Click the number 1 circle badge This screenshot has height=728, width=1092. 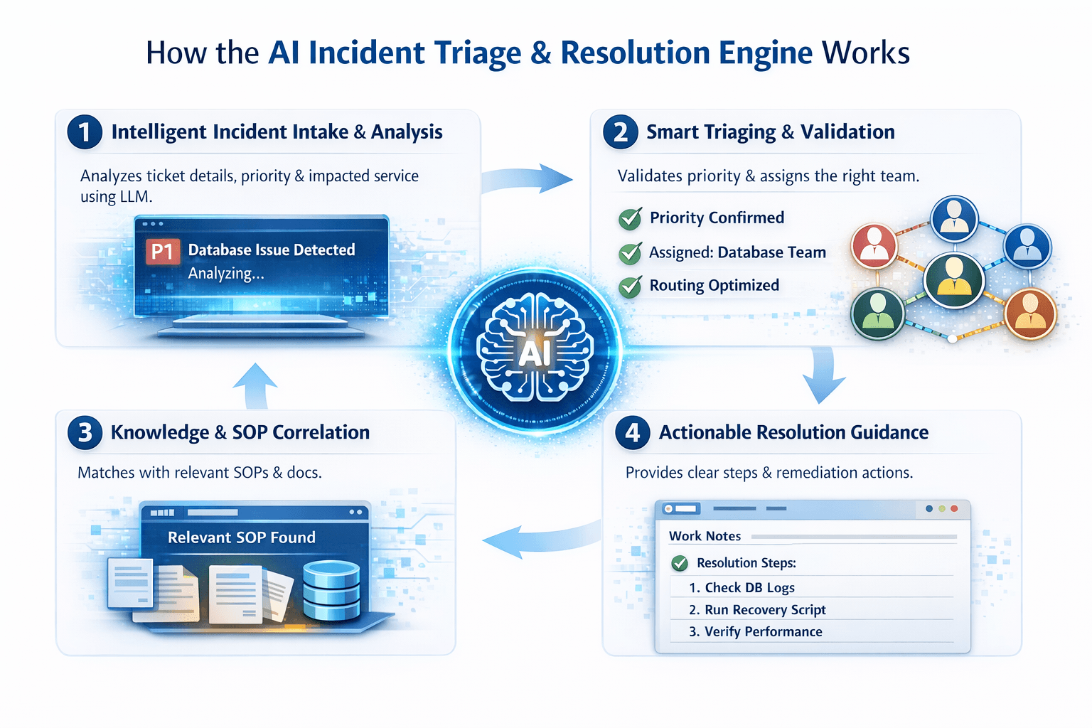pos(85,132)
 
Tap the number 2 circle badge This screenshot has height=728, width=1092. pos(621,132)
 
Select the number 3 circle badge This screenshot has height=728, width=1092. pos(85,432)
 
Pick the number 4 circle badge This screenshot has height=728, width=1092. pos(633,432)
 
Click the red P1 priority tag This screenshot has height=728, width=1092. pos(162,251)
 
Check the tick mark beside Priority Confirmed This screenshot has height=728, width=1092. pos(630,219)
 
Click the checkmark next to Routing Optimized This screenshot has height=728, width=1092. pos(630,287)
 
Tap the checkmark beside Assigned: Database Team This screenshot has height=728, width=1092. pos(630,253)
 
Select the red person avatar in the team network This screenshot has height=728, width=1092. pos(874,245)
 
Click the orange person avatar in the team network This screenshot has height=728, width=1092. pos(1030,313)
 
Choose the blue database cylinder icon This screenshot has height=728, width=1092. pos(331,590)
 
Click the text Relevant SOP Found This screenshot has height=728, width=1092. pos(242,537)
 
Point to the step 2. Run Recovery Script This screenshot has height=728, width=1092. pos(757,610)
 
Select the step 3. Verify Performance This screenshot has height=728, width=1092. pos(756,632)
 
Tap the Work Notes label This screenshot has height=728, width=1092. pos(705,536)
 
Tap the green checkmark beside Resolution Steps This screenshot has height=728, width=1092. pos(680,564)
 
